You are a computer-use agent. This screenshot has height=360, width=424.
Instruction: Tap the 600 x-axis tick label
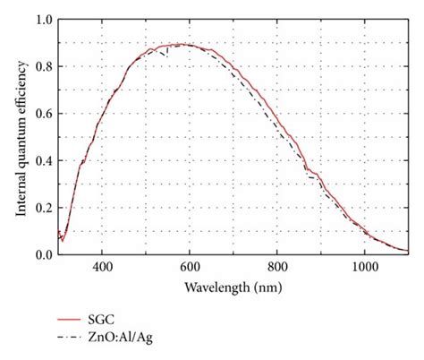189,267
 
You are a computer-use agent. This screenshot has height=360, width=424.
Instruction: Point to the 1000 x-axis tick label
364,267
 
